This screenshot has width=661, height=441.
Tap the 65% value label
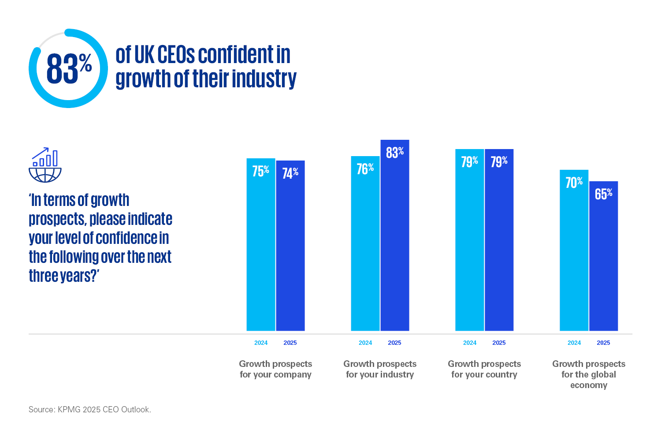pos(603,194)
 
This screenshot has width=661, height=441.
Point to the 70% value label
pos(574,183)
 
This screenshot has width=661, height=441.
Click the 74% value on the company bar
pos(290,173)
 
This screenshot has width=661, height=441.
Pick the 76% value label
pos(365,169)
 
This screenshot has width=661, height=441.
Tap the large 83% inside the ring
pos(69,69)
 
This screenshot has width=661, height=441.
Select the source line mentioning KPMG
pos(90,410)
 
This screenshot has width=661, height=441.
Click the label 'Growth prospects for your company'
pos(275,369)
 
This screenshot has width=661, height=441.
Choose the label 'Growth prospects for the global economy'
pos(589,374)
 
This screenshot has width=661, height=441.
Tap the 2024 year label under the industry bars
pos(365,343)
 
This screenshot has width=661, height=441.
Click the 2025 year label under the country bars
pos(499,343)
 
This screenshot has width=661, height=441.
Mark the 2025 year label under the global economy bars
pos(603,343)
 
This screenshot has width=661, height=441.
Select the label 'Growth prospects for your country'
pos(484,369)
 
